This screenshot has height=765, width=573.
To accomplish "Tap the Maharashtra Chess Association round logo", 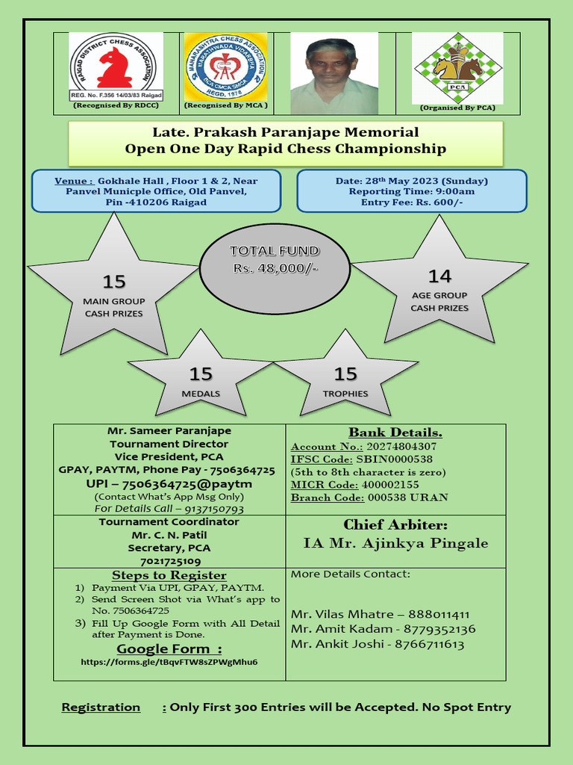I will click(x=225, y=67).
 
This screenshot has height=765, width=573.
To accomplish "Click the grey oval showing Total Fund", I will click(x=275, y=267).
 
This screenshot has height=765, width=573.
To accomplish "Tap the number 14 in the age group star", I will click(x=439, y=276).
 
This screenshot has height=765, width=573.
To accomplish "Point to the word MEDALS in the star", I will click(x=201, y=393).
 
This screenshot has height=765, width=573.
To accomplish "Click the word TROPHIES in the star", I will click(x=345, y=393).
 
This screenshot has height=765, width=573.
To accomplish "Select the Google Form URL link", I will click(x=169, y=662).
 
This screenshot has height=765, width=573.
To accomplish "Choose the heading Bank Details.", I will click(x=395, y=433).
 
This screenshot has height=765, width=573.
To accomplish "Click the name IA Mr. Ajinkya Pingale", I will click(x=395, y=543).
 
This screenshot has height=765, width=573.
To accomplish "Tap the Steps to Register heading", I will click(x=169, y=575).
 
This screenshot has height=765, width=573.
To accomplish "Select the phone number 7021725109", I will click(x=169, y=561).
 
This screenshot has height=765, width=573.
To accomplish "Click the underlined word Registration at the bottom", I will click(x=101, y=707).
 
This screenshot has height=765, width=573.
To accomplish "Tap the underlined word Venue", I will click(x=74, y=181).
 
